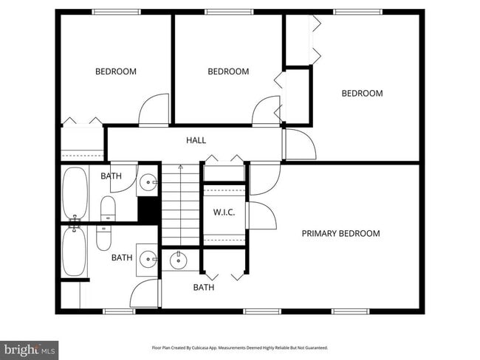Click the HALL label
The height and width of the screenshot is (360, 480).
pyautogui.click(x=196, y=140)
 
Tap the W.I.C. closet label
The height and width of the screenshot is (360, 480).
pyautogui.click(x=224, y=212)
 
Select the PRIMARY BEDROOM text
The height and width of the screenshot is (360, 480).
pyautogui.click(x=340, y=234)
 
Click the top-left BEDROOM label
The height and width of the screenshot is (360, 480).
pyautogui.click(x=116, y=72)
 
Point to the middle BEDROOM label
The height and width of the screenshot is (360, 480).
pyautogui.click(x=228, y=72)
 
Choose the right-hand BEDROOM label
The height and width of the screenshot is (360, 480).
pyautogui.click(x=362, y=94)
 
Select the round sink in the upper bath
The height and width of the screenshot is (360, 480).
pyautogui.click(x=148, y=180)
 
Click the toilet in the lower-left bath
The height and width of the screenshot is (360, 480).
pyautogui.click(x=103, y=237)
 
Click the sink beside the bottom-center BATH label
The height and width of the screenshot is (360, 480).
pyautogui.click(x=179, y=260)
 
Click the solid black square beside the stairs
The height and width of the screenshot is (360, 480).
pyautogui.click(x=149, y=210)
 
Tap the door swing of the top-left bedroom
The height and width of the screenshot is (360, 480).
pyautogui.click(x=154, y=111)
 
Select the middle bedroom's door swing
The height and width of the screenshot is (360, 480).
pyautogui.click(x=265, y=112)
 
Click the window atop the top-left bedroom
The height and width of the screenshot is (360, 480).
pyautogui.click(x=115, y=12)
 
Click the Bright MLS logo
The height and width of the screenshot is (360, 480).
pyautogui.click(x=30, y=347)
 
